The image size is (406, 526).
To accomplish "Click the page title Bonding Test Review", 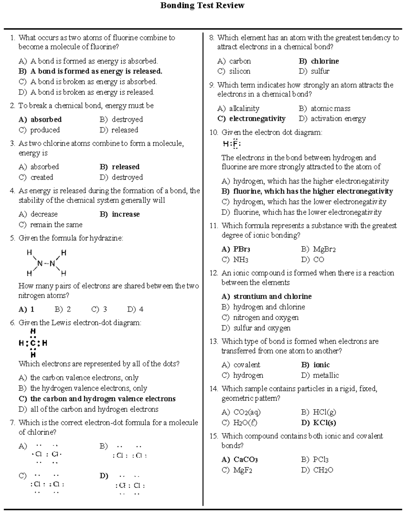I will (202, 6).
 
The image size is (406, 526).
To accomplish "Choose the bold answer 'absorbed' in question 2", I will (46, 120).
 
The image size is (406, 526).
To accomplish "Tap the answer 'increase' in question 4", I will (126, 214).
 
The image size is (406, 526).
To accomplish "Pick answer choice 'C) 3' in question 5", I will (99, 309).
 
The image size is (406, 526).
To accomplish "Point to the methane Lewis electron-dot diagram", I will (33, 343).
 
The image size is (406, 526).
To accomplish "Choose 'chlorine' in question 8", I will (325, 61).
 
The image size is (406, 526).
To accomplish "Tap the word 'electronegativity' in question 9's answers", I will (257, 119).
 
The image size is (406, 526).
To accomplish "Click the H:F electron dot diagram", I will (232, 145).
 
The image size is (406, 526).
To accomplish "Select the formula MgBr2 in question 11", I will (324, 250).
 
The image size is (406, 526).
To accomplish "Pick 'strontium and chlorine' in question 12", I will (272, 297).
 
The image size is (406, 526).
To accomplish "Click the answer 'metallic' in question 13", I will (325, 375).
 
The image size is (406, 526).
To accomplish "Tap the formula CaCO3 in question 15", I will (246, 460).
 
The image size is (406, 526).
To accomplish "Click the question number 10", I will (213, 132).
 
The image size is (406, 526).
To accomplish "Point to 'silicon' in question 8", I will (240, 71).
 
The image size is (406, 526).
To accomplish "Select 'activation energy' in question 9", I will (338, 119).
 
